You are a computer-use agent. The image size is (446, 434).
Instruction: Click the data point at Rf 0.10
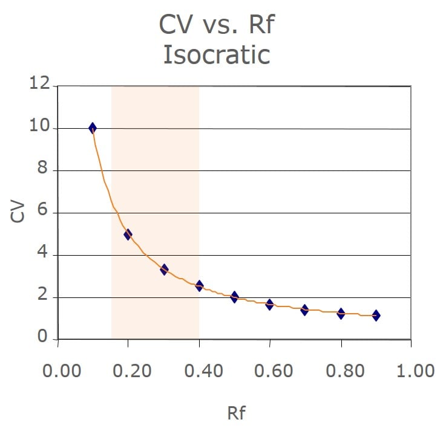[93, 128]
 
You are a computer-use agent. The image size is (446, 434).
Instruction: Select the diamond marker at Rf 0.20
[128, 235]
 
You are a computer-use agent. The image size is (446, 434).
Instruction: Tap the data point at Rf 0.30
[164, 269]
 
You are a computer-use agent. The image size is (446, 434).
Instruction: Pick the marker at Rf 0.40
[199, 285]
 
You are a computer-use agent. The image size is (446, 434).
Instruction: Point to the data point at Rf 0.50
[234, 297]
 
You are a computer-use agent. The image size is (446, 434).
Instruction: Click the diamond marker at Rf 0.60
[269, 304]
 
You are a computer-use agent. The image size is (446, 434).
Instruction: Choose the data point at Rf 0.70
[304, 310]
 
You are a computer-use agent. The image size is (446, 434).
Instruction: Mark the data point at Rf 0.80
[341, 313]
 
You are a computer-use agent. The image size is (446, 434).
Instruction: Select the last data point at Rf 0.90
[376, 316]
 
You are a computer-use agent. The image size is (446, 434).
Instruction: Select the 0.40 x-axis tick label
[200, 370]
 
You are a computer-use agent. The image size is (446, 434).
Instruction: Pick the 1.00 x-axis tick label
[412, 370]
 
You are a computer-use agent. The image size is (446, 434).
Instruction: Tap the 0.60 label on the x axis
[270, 370]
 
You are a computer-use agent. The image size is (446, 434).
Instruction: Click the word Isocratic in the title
[217, 54]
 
